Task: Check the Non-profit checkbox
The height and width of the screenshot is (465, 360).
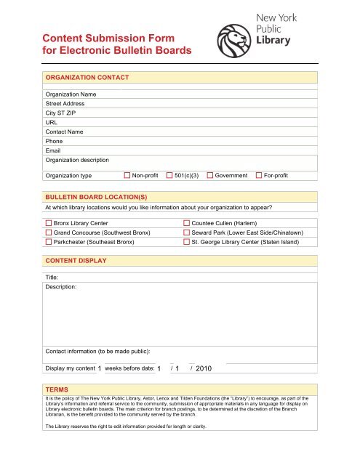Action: [127, 176]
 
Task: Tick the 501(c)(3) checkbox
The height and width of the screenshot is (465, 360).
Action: [169, 176]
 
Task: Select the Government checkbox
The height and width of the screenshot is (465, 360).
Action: [210, 176]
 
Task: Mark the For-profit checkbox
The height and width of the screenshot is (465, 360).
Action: [259, 176]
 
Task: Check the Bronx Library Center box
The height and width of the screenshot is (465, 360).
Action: [49, 222]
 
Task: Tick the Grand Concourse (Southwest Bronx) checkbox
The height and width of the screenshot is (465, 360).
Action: [49, 232]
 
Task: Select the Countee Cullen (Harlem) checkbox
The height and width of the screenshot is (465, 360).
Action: [186, 222]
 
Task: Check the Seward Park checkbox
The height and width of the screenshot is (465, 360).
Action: [186, 232]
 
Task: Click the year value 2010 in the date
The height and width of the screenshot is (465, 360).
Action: [203, 369]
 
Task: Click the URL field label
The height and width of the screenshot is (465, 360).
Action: [51, 123]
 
